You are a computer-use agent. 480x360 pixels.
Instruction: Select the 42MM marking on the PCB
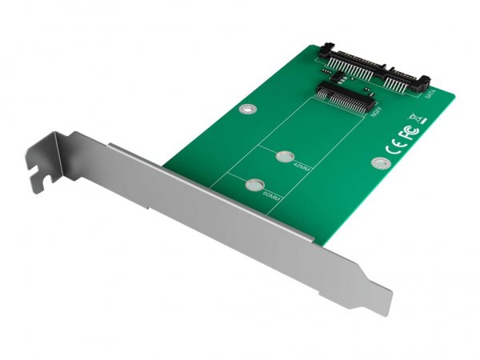(298, 169)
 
